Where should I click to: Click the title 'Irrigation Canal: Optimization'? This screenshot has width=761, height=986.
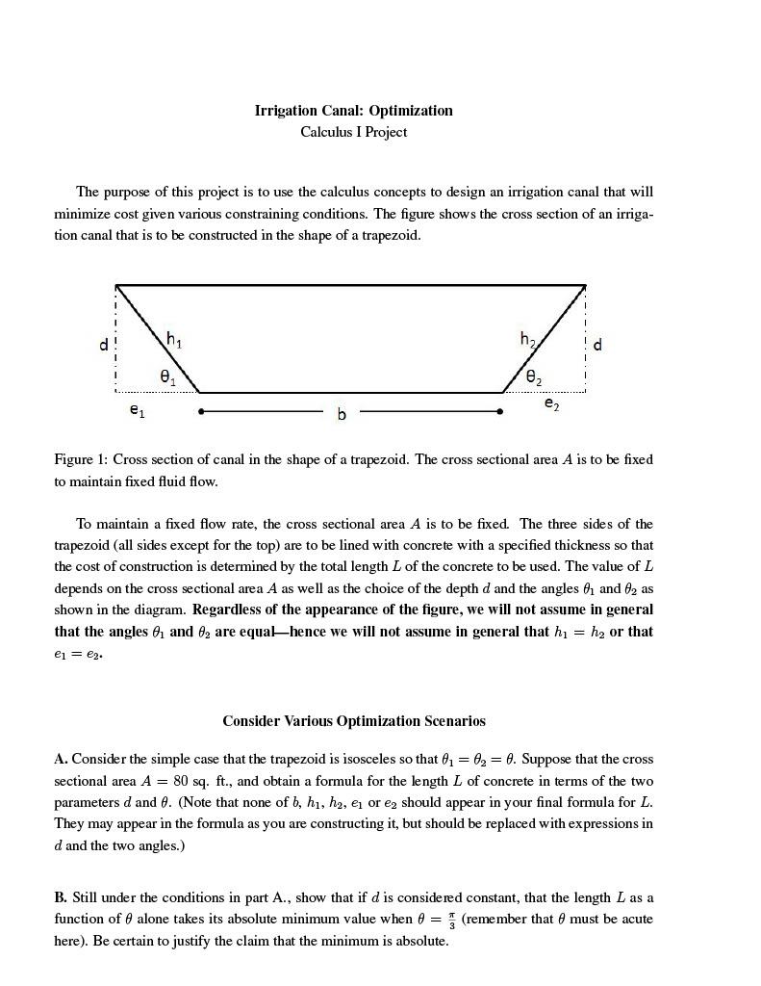tap(353, 111)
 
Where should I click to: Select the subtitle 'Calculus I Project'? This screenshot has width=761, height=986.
tap(353, 132)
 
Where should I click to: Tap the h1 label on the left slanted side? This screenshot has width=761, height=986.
tap(174, 339)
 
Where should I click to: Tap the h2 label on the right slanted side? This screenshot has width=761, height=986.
tap(528, 339)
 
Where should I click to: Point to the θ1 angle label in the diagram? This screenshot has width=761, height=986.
tap(167, 376)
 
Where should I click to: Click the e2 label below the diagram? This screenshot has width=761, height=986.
tap(551, 405)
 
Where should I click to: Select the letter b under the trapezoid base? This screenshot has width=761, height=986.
tap(341, 414)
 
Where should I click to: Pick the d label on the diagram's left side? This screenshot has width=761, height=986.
tap(104, 344)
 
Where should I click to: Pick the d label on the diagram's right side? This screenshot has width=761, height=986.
tap(598, 344)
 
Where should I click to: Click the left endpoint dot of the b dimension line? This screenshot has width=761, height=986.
tap(200, 411)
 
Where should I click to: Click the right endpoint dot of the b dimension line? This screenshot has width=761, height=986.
tap(499, 411)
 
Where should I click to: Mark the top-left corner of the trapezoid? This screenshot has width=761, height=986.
tap(116, 285)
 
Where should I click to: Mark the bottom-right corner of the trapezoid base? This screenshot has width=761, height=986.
tap(502, 393)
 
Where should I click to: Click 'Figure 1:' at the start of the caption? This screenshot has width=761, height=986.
tap(81, 459)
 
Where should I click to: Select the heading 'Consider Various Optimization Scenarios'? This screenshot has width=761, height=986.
tap(353, 721)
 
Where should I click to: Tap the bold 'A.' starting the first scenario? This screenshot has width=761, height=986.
tap(61, 759)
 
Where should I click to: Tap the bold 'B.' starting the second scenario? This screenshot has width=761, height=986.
tap(61, 897)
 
